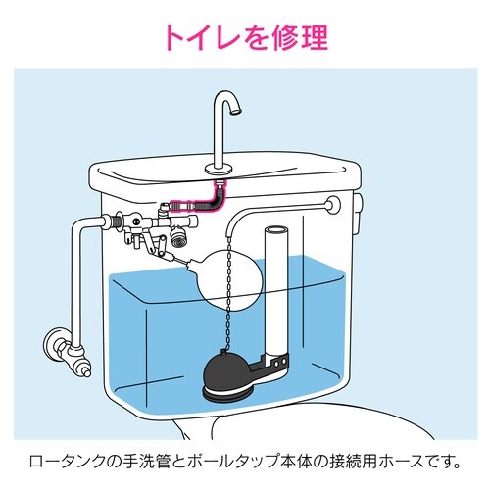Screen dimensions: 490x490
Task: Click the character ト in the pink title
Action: tap(175, 38)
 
